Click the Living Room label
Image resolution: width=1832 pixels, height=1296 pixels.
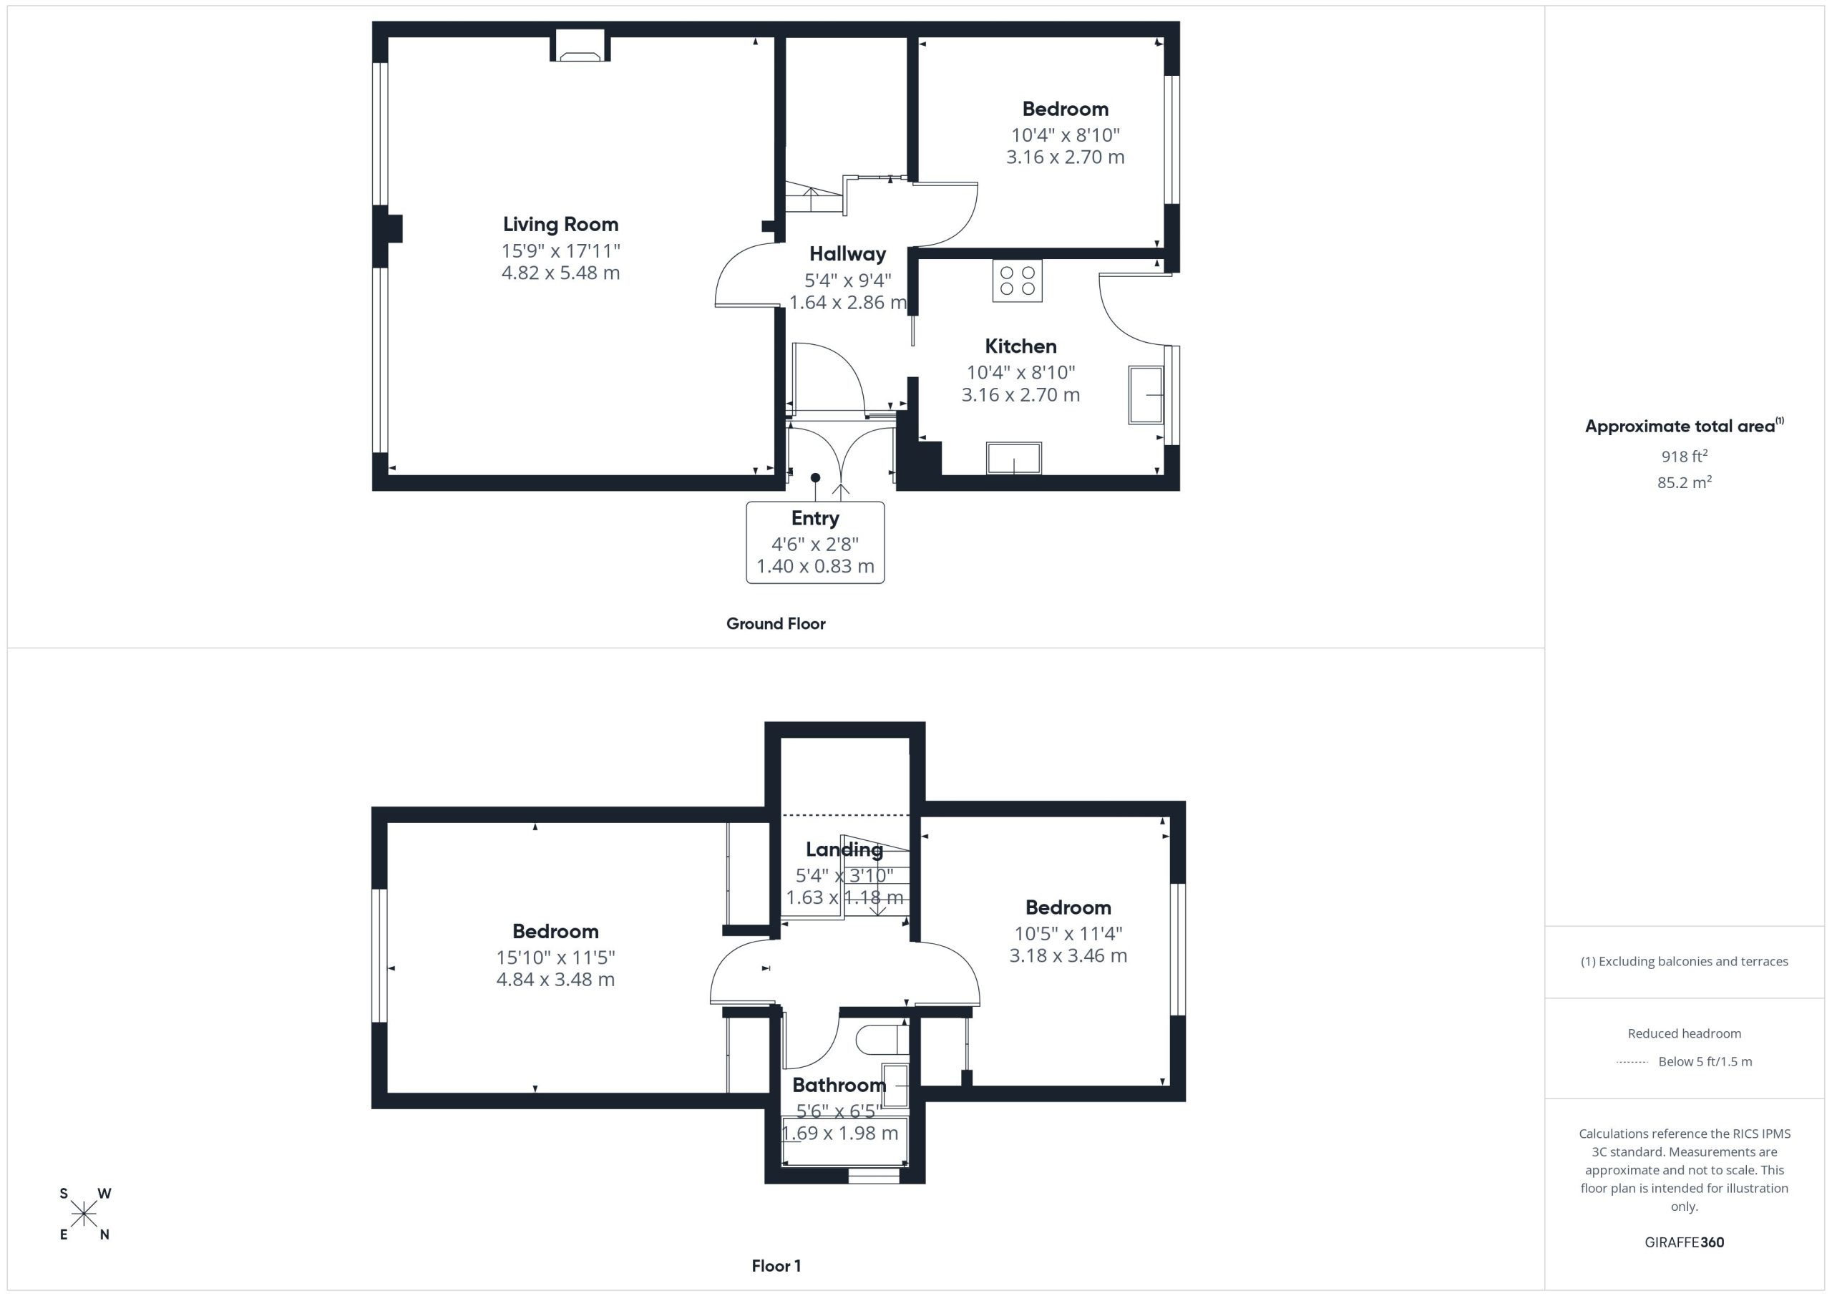pos(560,224)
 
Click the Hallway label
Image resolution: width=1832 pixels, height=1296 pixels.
pos(847,254)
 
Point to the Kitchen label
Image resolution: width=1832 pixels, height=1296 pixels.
pos(1020,346)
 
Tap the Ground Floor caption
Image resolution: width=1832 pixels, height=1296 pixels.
pos(776,624)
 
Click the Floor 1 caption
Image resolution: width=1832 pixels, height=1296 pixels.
pos(776,1266)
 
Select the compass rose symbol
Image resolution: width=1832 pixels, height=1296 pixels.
pos(84,1214)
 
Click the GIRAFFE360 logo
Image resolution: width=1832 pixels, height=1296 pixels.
pos(1685,1242)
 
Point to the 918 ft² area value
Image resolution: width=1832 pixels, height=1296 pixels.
pos(1685,456)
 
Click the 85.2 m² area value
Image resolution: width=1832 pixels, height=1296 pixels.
pos(1685,482)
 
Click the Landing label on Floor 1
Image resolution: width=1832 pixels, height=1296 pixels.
pos(844,850)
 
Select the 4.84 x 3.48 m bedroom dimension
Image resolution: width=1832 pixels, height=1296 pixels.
pos(555,979)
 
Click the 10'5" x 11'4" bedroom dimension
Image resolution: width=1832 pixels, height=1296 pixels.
pos(1068,933)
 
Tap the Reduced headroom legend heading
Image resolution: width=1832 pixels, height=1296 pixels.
pos(1685,1033)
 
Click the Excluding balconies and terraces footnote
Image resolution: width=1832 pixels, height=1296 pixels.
pos(1685,962)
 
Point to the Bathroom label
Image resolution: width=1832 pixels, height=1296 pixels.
pos(839,1086)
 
